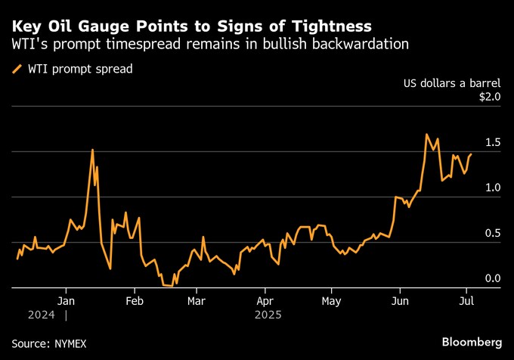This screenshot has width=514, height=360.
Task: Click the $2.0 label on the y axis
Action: (489, 97)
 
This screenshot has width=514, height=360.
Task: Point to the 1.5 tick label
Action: (492, 142)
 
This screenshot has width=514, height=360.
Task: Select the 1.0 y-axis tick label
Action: (492, 188)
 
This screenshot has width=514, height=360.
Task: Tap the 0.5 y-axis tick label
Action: (492, 233)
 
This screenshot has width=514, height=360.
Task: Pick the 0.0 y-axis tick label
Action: (492, 278)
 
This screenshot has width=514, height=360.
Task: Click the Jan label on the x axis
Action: (66, 299)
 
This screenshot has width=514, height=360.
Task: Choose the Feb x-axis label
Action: (134, 299)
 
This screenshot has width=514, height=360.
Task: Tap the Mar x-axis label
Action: (197, 299)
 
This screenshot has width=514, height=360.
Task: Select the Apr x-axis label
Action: (265, 299)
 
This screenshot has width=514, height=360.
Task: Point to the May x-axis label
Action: (331, 299)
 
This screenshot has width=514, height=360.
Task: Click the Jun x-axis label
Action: (399, 299)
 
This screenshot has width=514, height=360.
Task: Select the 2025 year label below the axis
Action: (268, 313)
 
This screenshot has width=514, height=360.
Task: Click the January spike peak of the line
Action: (92, 150)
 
